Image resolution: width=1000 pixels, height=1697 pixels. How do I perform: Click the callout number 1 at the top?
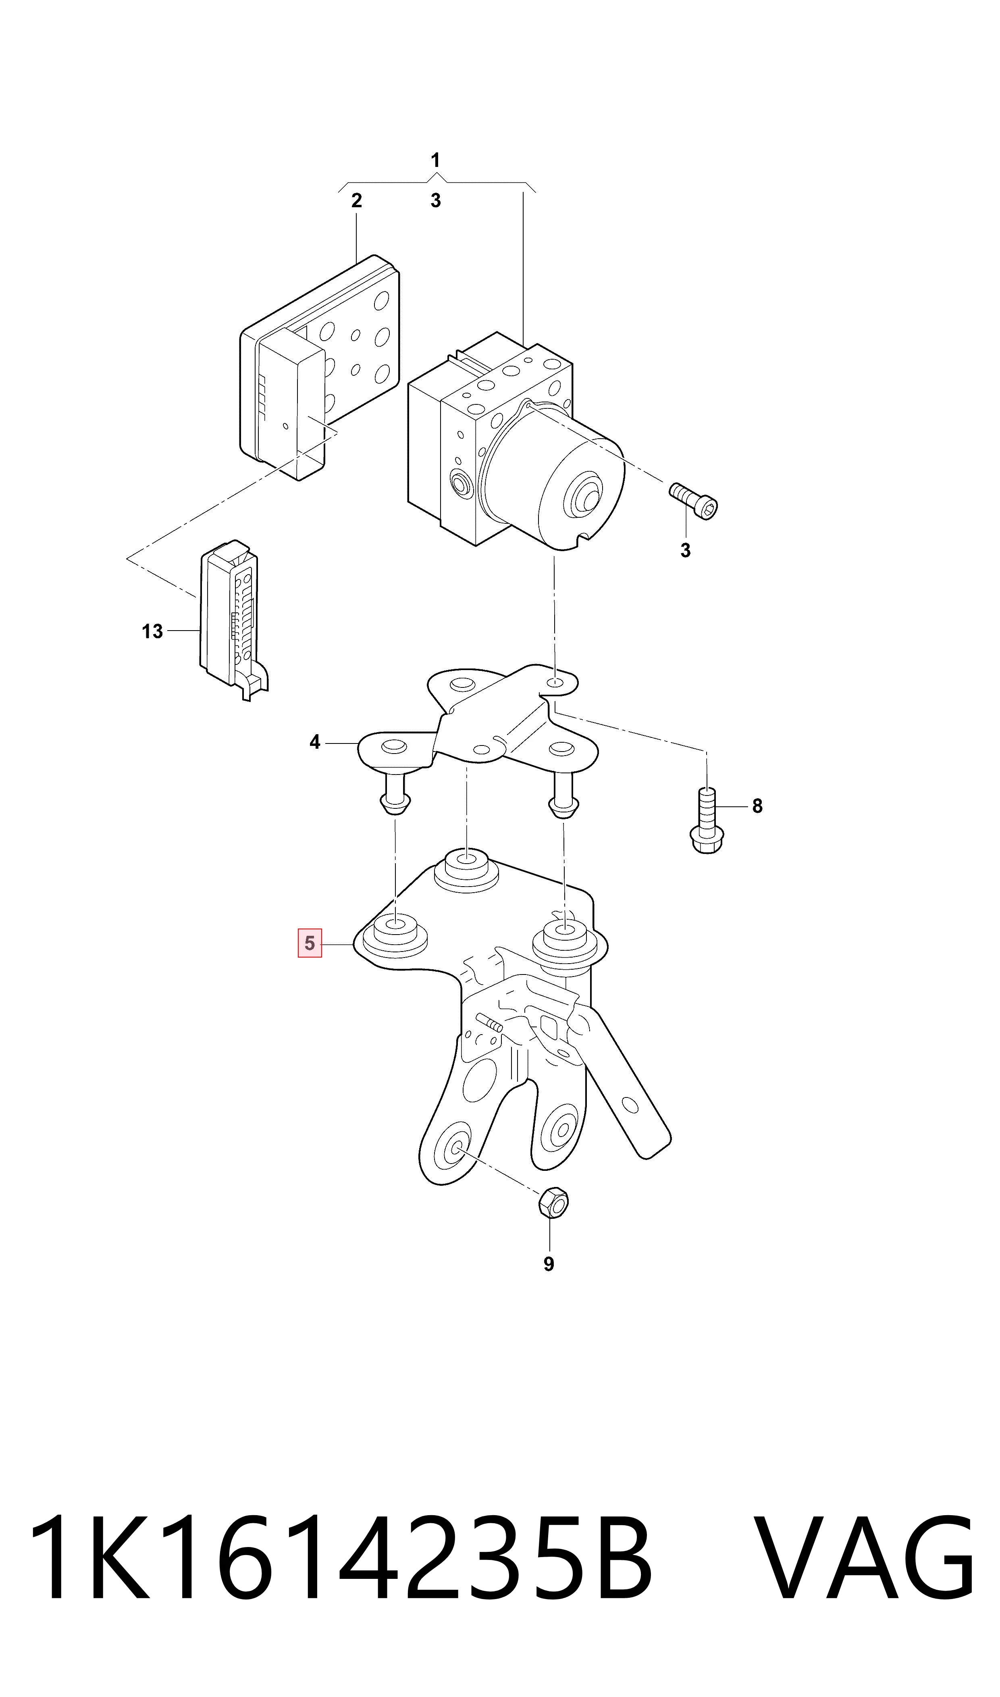[435, 160]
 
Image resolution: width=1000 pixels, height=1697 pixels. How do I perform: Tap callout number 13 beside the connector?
[152, 631]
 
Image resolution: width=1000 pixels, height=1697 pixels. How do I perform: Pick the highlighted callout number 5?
[310, 943]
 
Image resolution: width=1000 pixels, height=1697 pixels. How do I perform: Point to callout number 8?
[757, 806]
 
